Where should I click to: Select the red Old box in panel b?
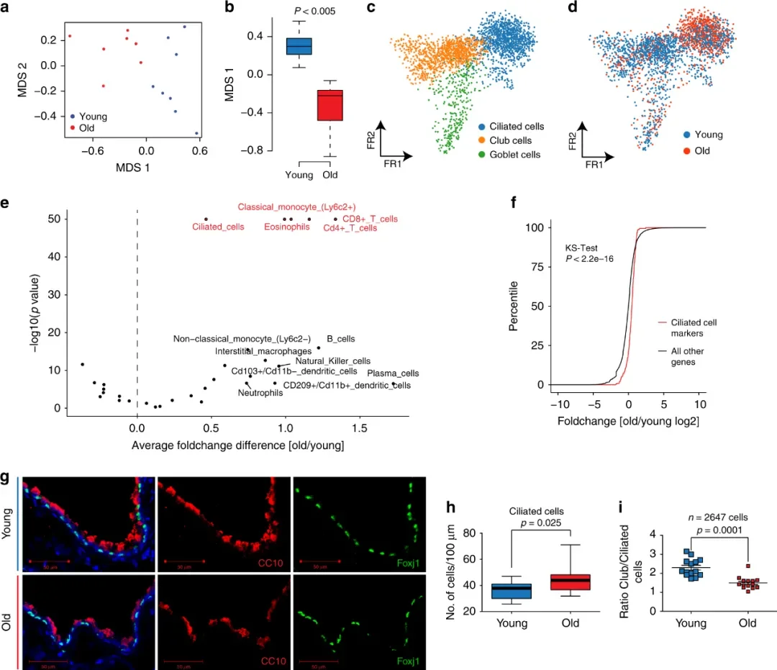[331, 105]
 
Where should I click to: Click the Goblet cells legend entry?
[516, 154]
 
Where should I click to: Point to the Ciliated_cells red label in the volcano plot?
[218, 227]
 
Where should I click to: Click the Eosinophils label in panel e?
[286, 227]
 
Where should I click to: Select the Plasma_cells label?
[393, 374]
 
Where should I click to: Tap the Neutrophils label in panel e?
[260, 394]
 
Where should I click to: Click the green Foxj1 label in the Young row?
[412, 556]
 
